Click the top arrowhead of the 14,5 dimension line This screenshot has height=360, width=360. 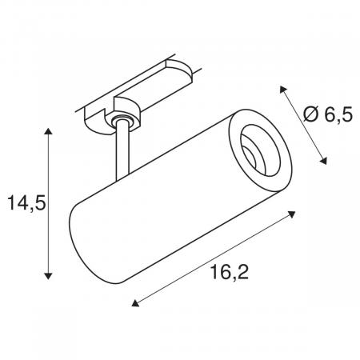[x=50, y=130]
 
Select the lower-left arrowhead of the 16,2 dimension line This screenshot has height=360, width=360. [x=135, y=303]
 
